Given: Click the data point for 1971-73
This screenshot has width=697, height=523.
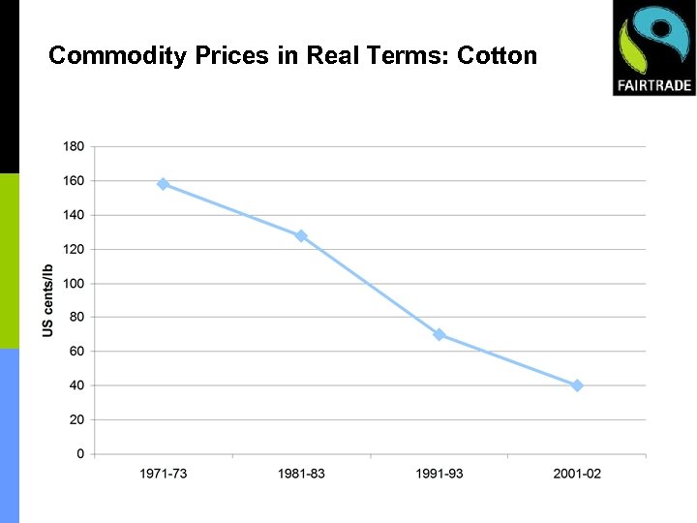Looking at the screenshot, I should point(163,184).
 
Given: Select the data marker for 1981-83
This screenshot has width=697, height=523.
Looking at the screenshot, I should point(301,235).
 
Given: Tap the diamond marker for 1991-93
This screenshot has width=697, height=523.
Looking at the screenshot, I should point(439,334).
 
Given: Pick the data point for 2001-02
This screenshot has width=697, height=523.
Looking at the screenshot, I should point(577,385).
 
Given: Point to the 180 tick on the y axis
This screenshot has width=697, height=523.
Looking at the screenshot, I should point(74,146).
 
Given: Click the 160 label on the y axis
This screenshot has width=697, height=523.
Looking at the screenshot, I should point(74,180).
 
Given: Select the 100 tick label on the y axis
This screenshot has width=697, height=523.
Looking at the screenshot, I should point(74,284).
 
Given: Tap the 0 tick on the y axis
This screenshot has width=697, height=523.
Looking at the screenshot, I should point(80,454).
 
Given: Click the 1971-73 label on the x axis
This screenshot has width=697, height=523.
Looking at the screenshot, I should point(163,474).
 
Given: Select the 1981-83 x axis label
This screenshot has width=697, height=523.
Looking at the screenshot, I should point(301,474).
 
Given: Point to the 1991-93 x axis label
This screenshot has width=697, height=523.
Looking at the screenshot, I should point(439,474).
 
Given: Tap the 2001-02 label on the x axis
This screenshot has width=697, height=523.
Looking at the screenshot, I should point(577,474).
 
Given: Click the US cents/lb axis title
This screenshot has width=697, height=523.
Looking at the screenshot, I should point(48,300).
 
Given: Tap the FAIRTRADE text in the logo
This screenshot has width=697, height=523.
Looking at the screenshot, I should point(654,85).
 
